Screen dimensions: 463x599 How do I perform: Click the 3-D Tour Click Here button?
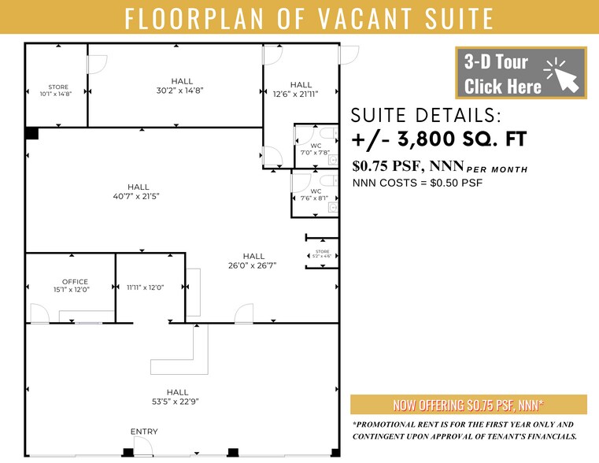[x=520, y=73]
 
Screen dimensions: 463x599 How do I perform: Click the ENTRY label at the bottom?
[x=144, y=432]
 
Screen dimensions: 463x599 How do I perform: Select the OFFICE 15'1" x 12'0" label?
[x=76, y=286]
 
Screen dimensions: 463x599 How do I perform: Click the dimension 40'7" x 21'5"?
[x=138, y=196]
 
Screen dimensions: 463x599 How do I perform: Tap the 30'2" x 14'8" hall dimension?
[x=182, y=90]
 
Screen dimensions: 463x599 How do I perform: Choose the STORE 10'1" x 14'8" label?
[x=58, y=91]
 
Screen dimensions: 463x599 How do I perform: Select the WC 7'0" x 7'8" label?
[x=316, y=150]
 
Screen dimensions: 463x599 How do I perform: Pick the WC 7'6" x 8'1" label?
[x=316, y=195]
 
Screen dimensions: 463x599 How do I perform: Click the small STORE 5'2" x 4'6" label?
[x=322, y=254]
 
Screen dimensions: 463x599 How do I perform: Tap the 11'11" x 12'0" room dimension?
[x=145, y=287]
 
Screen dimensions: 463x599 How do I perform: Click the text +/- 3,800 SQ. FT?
[x=438, y=140]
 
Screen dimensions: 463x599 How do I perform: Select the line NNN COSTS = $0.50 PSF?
[x=417, y=183]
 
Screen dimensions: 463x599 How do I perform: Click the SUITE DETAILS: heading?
[x=426, y=116]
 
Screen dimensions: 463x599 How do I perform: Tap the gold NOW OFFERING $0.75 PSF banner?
[x=468, y=405]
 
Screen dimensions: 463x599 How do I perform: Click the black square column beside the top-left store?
[x=31, y=133]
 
